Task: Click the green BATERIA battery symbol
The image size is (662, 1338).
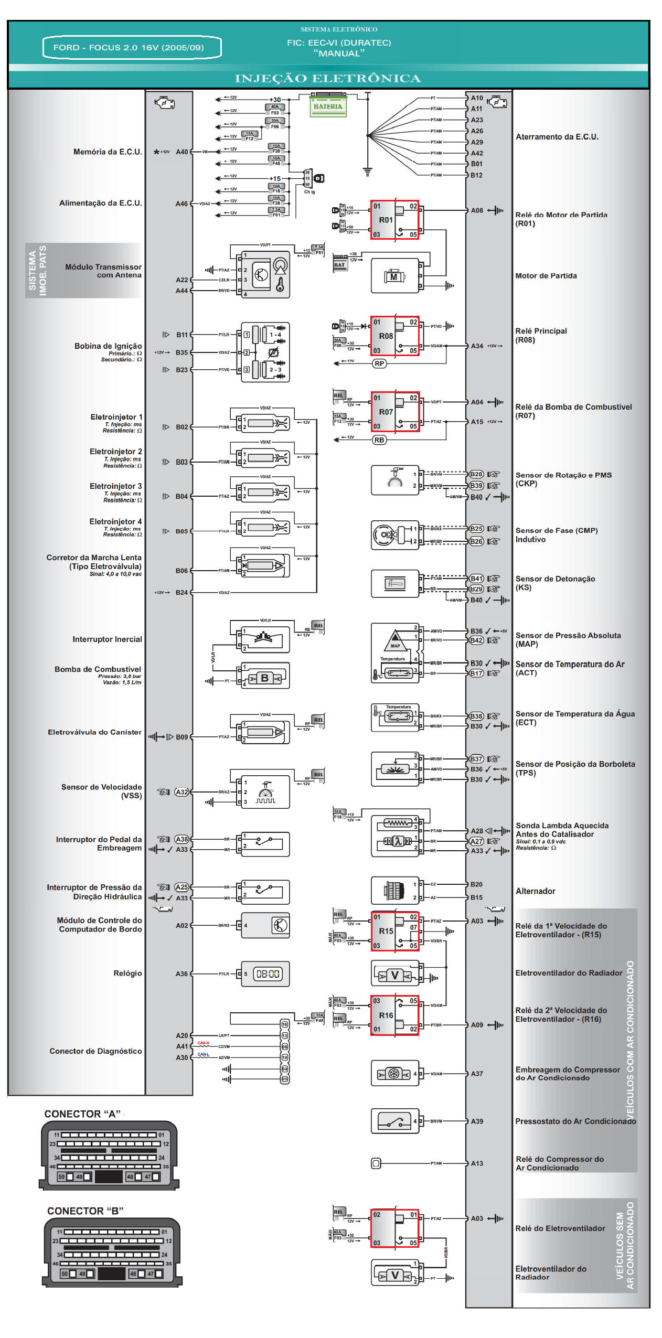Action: [x=328, y=106]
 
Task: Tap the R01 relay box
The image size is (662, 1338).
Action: [x=394, y=220]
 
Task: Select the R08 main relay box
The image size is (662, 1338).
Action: [x=394, y=336]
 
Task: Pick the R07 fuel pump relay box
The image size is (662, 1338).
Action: [x=394, y=412]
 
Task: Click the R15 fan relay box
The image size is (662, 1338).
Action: [x=394, y=931]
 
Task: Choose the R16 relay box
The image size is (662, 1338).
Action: [x=394, y=1015]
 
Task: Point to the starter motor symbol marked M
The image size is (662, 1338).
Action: [x=394, y=276]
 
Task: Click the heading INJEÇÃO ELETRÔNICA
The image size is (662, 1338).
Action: [x=328, y=79]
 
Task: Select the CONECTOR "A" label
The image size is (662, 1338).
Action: [x=83, y=1114]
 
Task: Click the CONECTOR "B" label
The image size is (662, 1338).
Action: [x=86, y=1211]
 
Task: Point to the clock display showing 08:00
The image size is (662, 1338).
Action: [x=268, y=974]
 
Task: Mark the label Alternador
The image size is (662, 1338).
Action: [x=535, y=891]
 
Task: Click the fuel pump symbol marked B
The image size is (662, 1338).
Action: [x=264, y=678]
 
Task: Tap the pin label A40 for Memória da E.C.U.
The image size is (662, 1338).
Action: [x=181, y=152]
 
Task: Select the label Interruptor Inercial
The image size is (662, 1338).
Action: [x=107, y=639]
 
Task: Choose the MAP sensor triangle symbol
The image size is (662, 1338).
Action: [x=394, y=641]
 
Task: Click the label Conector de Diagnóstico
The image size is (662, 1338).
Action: [x=95, y=1051]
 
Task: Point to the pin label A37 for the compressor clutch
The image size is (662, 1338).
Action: [x=476, y=1074]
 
